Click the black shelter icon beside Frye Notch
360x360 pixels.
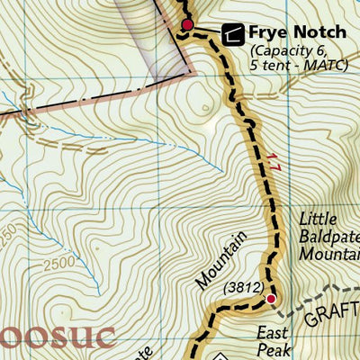click(232, 34)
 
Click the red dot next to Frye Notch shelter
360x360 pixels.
click(187, 24)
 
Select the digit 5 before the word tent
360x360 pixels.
click(255, 65)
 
